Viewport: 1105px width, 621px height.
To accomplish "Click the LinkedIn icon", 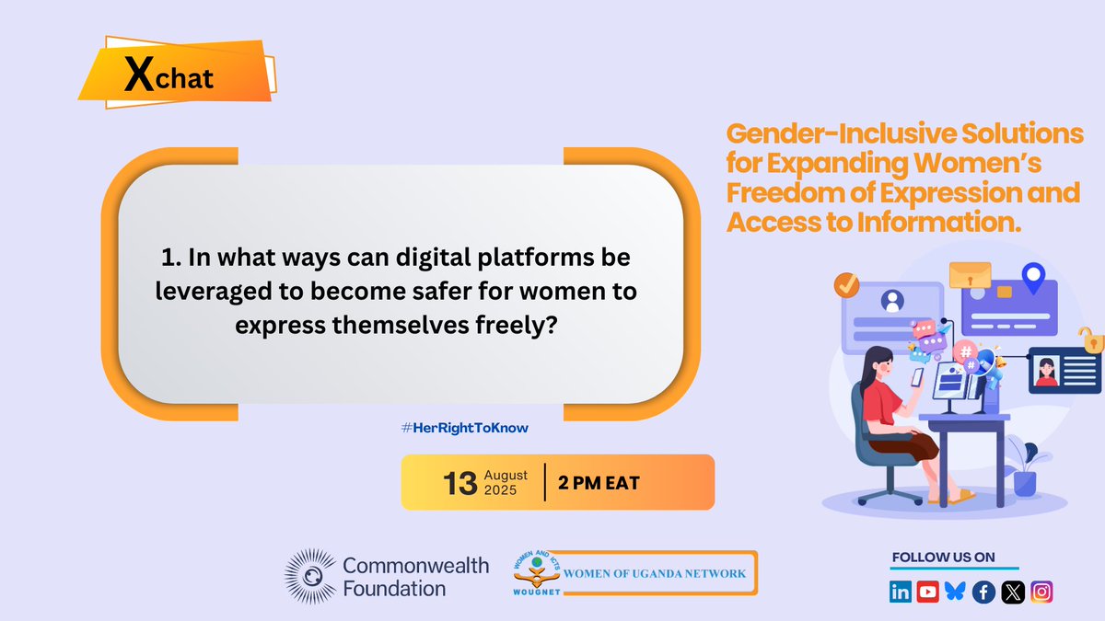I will (901, 592).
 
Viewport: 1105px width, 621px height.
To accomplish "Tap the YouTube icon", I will (928, 592).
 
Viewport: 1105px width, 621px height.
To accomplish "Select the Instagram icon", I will (1041, 592).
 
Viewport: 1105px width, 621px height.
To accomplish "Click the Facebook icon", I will (984, 592).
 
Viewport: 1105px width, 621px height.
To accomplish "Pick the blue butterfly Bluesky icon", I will (956, 592).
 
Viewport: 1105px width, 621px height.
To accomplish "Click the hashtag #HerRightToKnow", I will (465, 428).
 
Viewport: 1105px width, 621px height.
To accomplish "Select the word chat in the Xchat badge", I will (184, 78).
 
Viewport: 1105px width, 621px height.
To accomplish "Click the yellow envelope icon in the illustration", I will (969, 274).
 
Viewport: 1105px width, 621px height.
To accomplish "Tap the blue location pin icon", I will (1033, 277).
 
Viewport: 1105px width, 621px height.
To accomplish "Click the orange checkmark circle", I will (846, 286).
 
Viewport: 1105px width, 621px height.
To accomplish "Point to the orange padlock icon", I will (1091, 340).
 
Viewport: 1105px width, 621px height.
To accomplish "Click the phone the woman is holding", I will (917, 376).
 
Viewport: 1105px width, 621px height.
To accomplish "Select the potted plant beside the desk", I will (1024, 468).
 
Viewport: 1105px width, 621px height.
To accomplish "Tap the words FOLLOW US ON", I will (943, 558).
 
